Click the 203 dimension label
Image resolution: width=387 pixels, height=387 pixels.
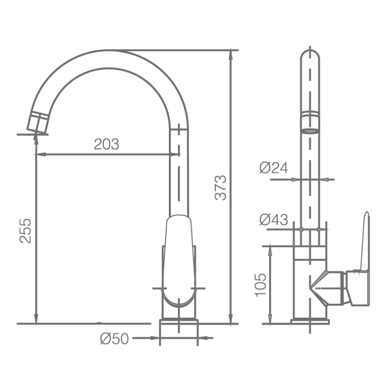click(106, 144)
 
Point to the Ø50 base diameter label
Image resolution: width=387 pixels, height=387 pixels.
click(115, 338)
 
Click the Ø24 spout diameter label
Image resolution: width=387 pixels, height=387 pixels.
click(274, 168)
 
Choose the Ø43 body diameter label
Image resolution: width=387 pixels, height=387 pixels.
click(274, 219)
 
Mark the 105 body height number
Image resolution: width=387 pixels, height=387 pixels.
click(260, 285)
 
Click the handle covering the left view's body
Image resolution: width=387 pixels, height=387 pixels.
click(179, 260)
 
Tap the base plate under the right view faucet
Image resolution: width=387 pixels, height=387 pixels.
click(310, 321)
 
